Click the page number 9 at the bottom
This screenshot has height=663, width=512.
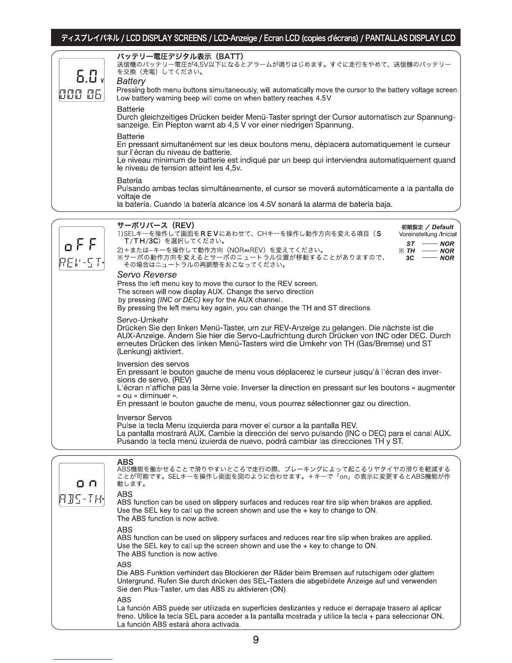pyautogui.click(x=256, y=640)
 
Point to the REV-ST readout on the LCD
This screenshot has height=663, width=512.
pyautogui.click(x=82, y=262)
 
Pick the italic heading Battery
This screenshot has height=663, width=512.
pyautogui.click(x=131, y=81)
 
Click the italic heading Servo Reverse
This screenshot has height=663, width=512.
pyautogui.click(x=147, y=275)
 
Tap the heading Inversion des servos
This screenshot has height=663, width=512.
pyautogui.click(x=153, y=364)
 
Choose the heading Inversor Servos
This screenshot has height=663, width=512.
pyautogui.click(x=144, y=418)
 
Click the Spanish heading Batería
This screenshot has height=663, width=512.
pyautogui.click(x=129, y=181)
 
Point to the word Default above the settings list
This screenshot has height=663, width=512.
pyautogui.click(x=443, y=227)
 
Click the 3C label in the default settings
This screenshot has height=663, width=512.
pyautogui.click(x=410, y=258)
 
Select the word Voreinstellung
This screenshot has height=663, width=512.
pyautogui.click(x=419, y=234)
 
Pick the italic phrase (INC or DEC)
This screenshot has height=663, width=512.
pyautogui.click(x=179, y=300)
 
